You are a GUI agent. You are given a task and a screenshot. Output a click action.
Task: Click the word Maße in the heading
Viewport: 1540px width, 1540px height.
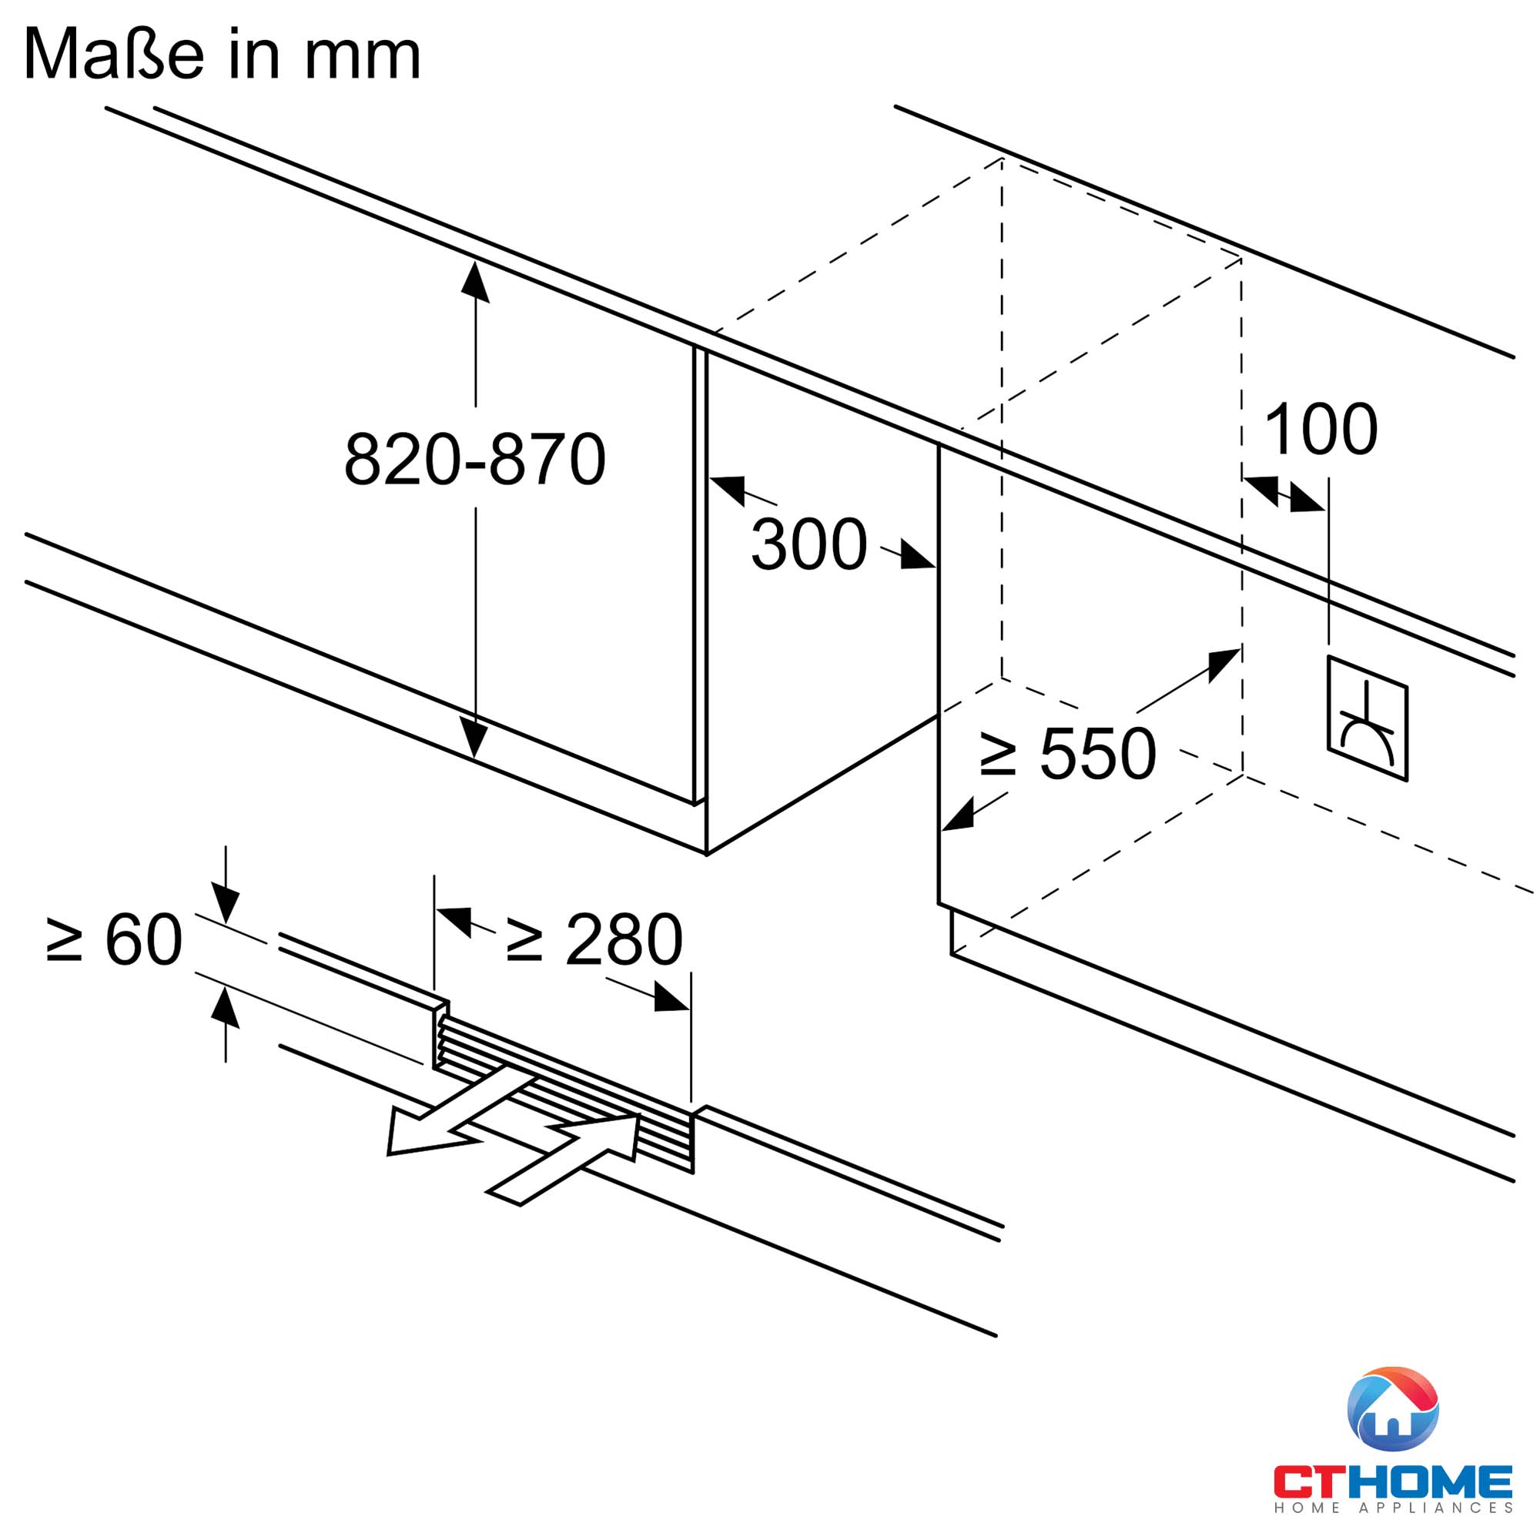115,53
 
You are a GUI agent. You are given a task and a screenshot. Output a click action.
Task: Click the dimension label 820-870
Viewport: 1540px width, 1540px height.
474,459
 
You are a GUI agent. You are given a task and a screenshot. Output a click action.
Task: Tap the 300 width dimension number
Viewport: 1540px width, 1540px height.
808,544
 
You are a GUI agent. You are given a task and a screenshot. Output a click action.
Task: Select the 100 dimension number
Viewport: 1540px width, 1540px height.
1321,430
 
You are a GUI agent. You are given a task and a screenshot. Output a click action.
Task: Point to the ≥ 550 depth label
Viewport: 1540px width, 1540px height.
1067,753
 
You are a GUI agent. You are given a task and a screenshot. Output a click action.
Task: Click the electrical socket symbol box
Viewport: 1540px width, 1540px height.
1367,718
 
